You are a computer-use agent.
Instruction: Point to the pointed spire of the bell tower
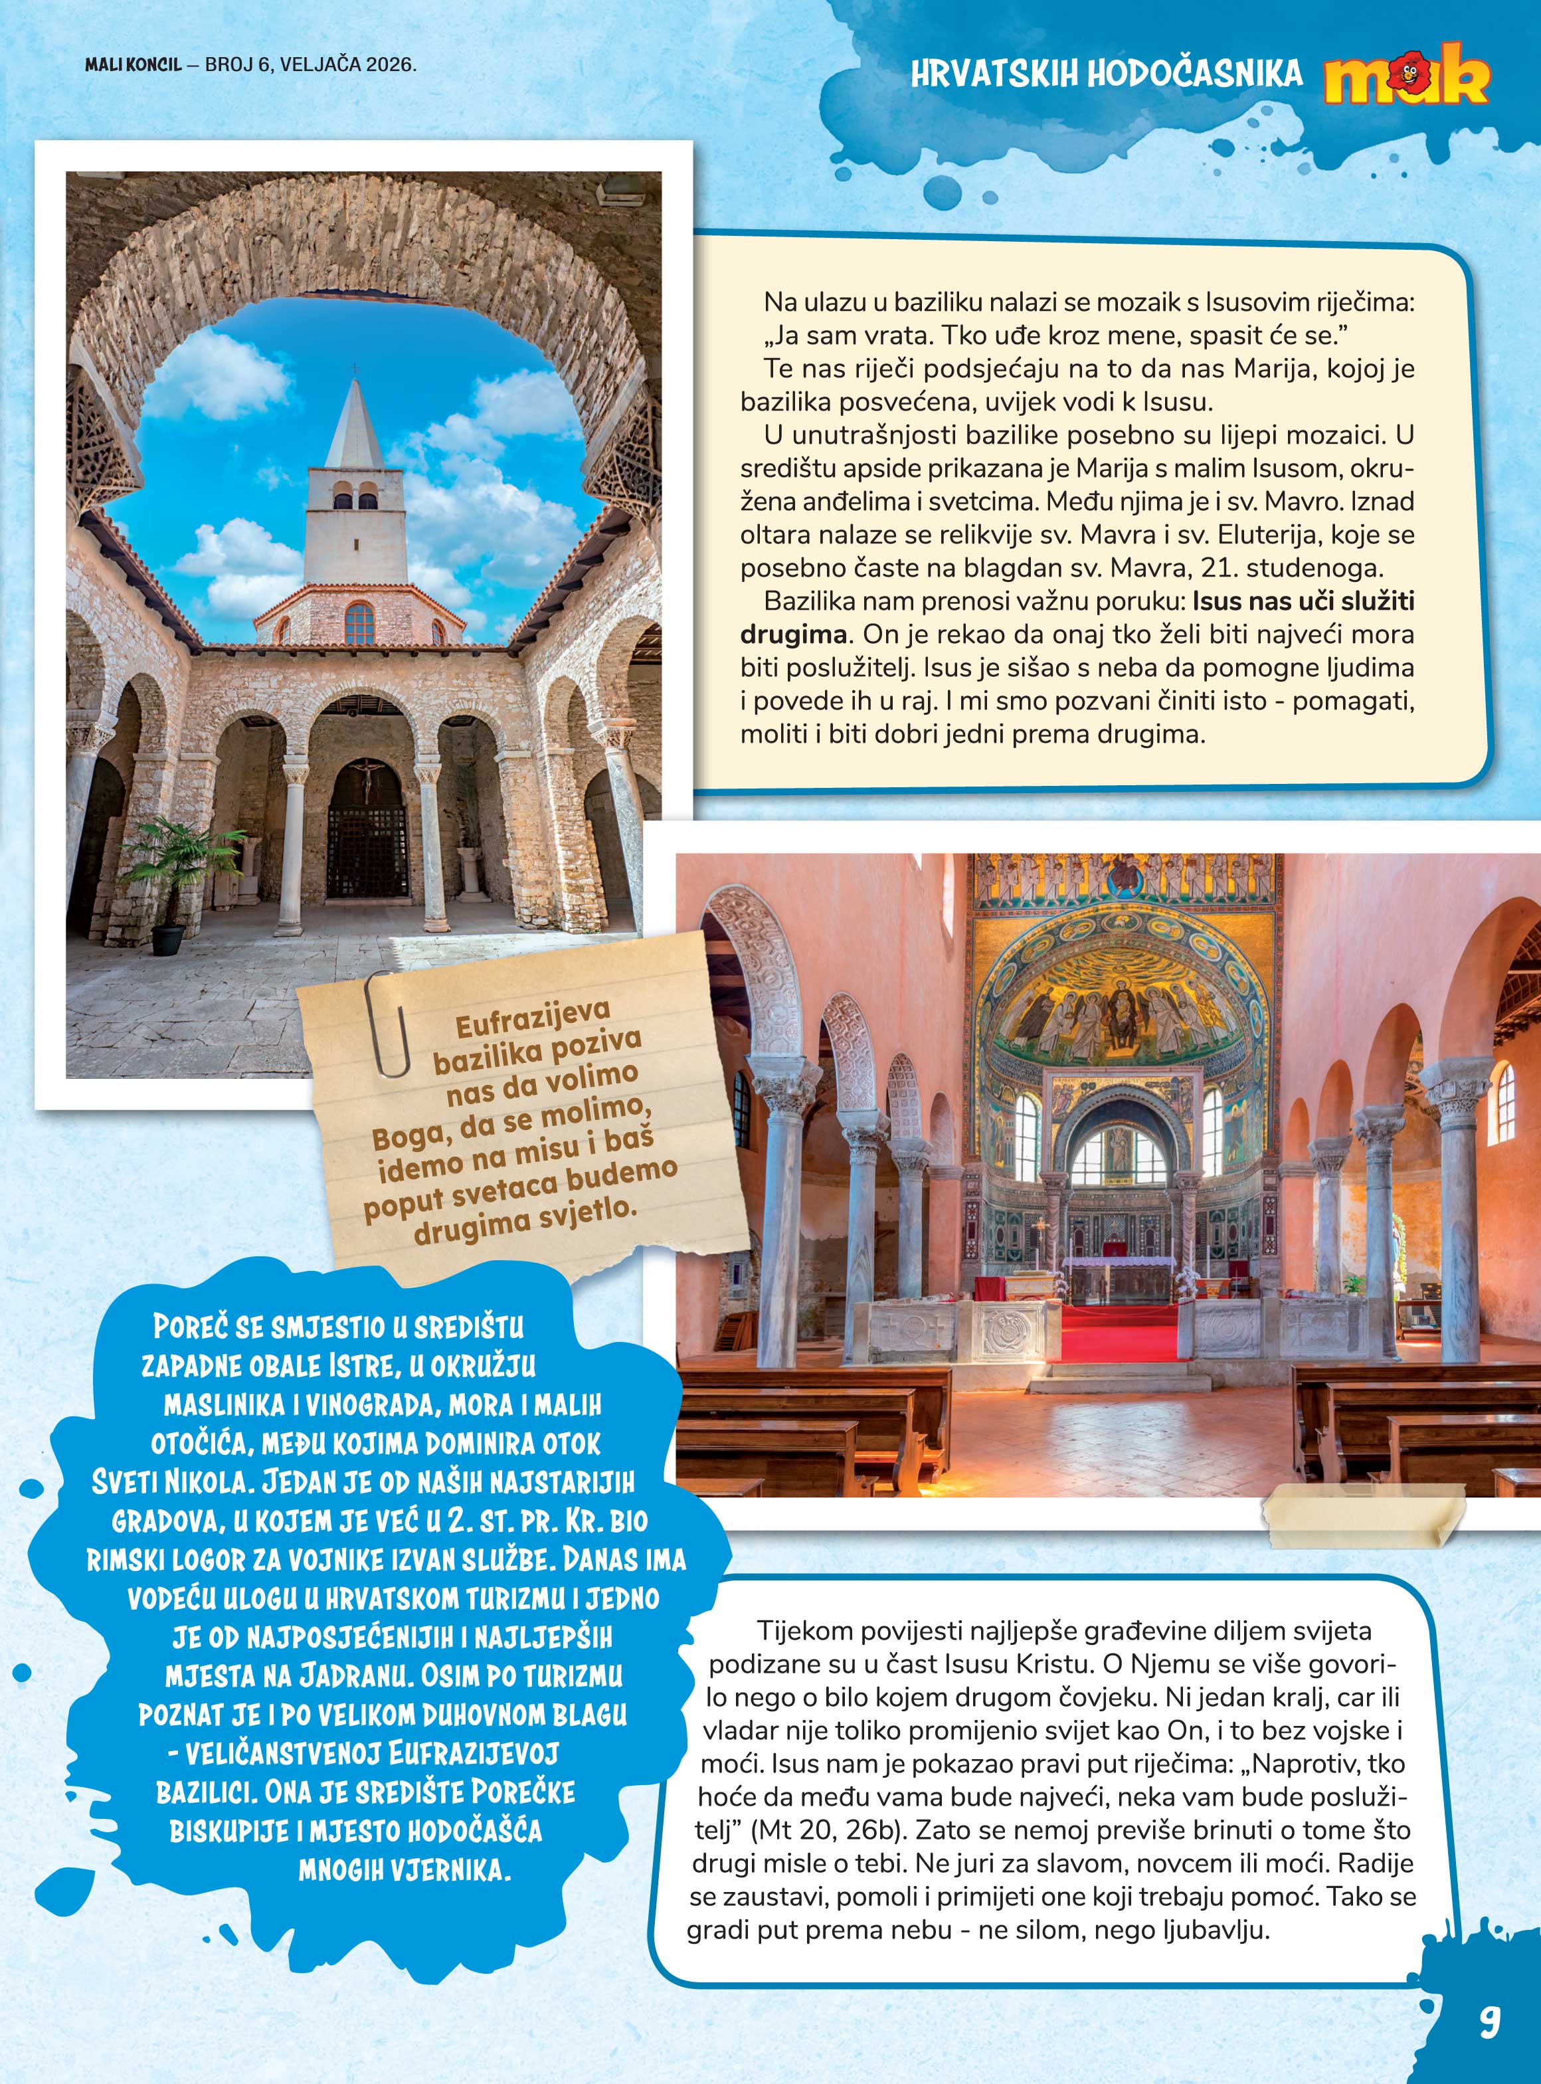pos(355,420)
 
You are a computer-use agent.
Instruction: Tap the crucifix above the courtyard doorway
pos(367,779)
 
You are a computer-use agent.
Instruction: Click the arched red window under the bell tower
pos(359,622)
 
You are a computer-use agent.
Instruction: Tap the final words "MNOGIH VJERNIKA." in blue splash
pos(405,1869)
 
